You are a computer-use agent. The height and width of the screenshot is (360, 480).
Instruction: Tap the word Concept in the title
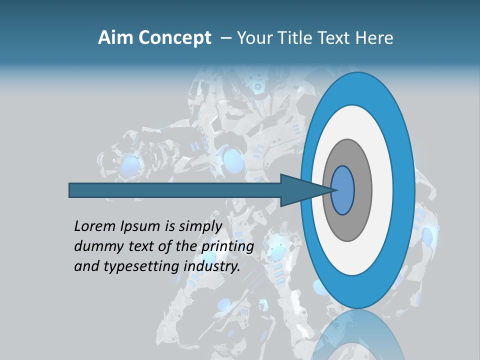pos(174,38)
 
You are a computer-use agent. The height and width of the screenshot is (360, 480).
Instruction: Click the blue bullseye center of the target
pos(342,190)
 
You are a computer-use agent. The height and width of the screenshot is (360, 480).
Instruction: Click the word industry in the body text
pos(212,266)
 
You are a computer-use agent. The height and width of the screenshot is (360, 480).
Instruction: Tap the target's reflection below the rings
pos(358,335)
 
